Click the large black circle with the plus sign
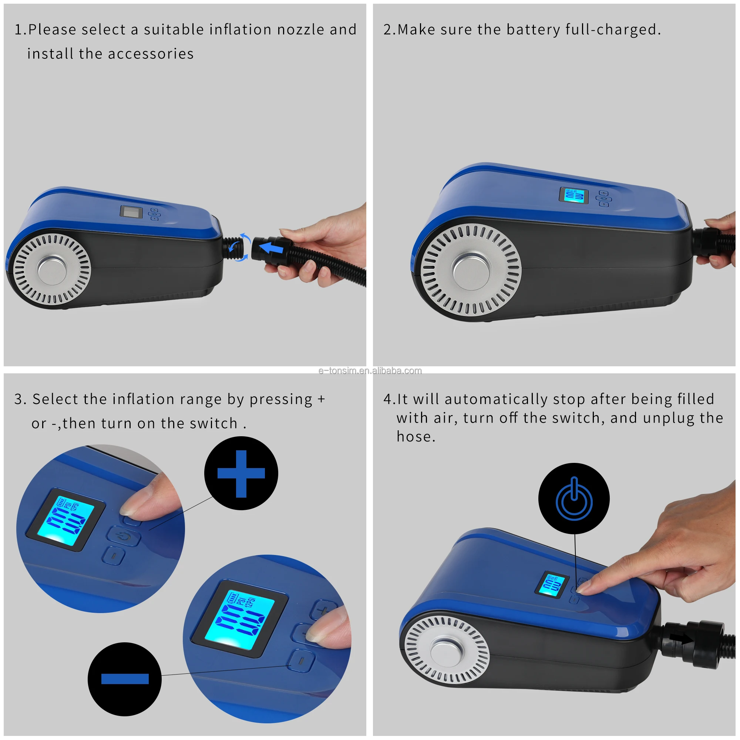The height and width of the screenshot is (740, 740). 241,473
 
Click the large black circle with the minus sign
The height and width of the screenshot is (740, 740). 124,679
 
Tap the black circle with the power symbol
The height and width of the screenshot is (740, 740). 574,498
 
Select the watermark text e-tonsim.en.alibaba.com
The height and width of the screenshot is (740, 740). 370,371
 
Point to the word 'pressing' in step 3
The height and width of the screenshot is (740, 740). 281,400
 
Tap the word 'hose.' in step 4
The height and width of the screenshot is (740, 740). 416,437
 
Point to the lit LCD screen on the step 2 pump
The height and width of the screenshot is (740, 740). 574,196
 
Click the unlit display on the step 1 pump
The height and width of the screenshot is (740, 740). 131,212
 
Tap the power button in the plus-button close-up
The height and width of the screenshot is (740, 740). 123,537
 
